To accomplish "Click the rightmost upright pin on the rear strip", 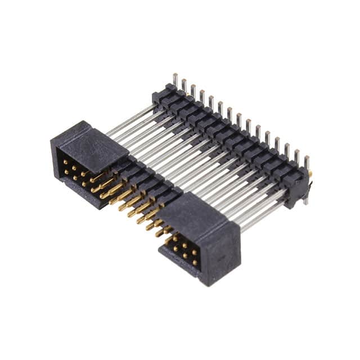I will tap(307, 163).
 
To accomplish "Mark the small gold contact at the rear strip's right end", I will tap(310, 175).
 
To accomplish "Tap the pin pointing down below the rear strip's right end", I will tap(305, 197).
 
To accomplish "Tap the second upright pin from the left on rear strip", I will tap(184, 85).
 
